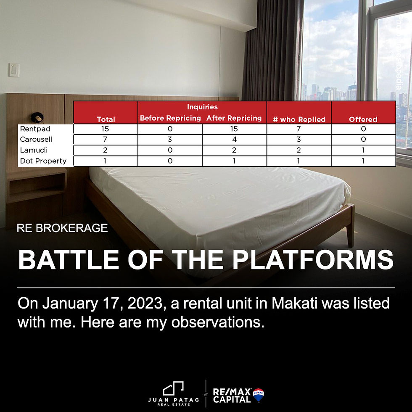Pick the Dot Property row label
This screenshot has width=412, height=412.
[43, 161]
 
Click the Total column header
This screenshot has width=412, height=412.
[106, 119]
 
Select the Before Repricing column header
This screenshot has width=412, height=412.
[170, 118]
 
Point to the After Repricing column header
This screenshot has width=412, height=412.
[234, 118]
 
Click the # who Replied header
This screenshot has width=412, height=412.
[299, 119]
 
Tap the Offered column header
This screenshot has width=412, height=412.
[363, 119]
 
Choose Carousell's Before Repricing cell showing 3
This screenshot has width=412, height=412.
[170, 140]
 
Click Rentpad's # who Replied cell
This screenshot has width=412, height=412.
[299, 129]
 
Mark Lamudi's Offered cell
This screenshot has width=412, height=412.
[363, 150]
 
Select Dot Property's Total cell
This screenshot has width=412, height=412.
[106, 161]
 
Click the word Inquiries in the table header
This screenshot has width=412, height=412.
[202, 107]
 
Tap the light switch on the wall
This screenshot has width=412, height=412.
[14, 70]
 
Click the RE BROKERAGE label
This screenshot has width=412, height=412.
[62, 229]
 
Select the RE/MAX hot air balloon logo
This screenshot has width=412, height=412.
[258, 395]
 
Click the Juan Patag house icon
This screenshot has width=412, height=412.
[173, 389]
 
